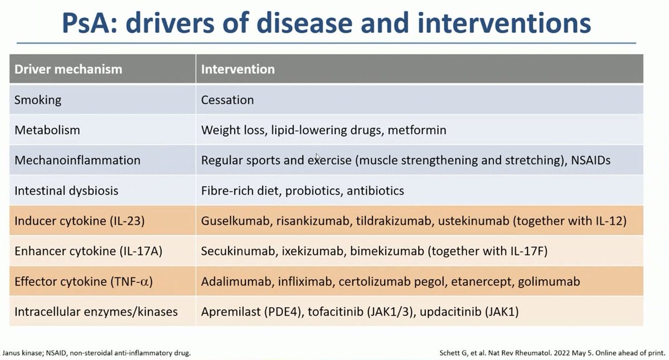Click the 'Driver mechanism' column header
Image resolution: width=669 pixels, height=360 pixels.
coord(68,70)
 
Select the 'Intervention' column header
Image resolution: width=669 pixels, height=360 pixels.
coord(237,70)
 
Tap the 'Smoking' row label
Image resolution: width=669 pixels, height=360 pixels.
coord(38,100)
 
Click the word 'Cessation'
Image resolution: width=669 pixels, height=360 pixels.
coord(227,100)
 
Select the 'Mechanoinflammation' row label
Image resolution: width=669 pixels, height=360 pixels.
coord(77,160)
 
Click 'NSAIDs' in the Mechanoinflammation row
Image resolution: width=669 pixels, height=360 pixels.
coord(590,160)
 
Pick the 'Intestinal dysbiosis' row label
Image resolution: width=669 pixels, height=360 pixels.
coord(66,191)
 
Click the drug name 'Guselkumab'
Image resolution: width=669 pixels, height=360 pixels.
coord(233,221)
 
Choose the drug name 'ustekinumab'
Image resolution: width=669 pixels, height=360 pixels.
coord(464,221)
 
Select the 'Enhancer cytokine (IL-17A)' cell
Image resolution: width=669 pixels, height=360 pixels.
coord(88,251)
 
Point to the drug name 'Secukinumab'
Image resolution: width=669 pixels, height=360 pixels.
coord(234,251)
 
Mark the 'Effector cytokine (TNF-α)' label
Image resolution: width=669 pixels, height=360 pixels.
coord(84,281)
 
